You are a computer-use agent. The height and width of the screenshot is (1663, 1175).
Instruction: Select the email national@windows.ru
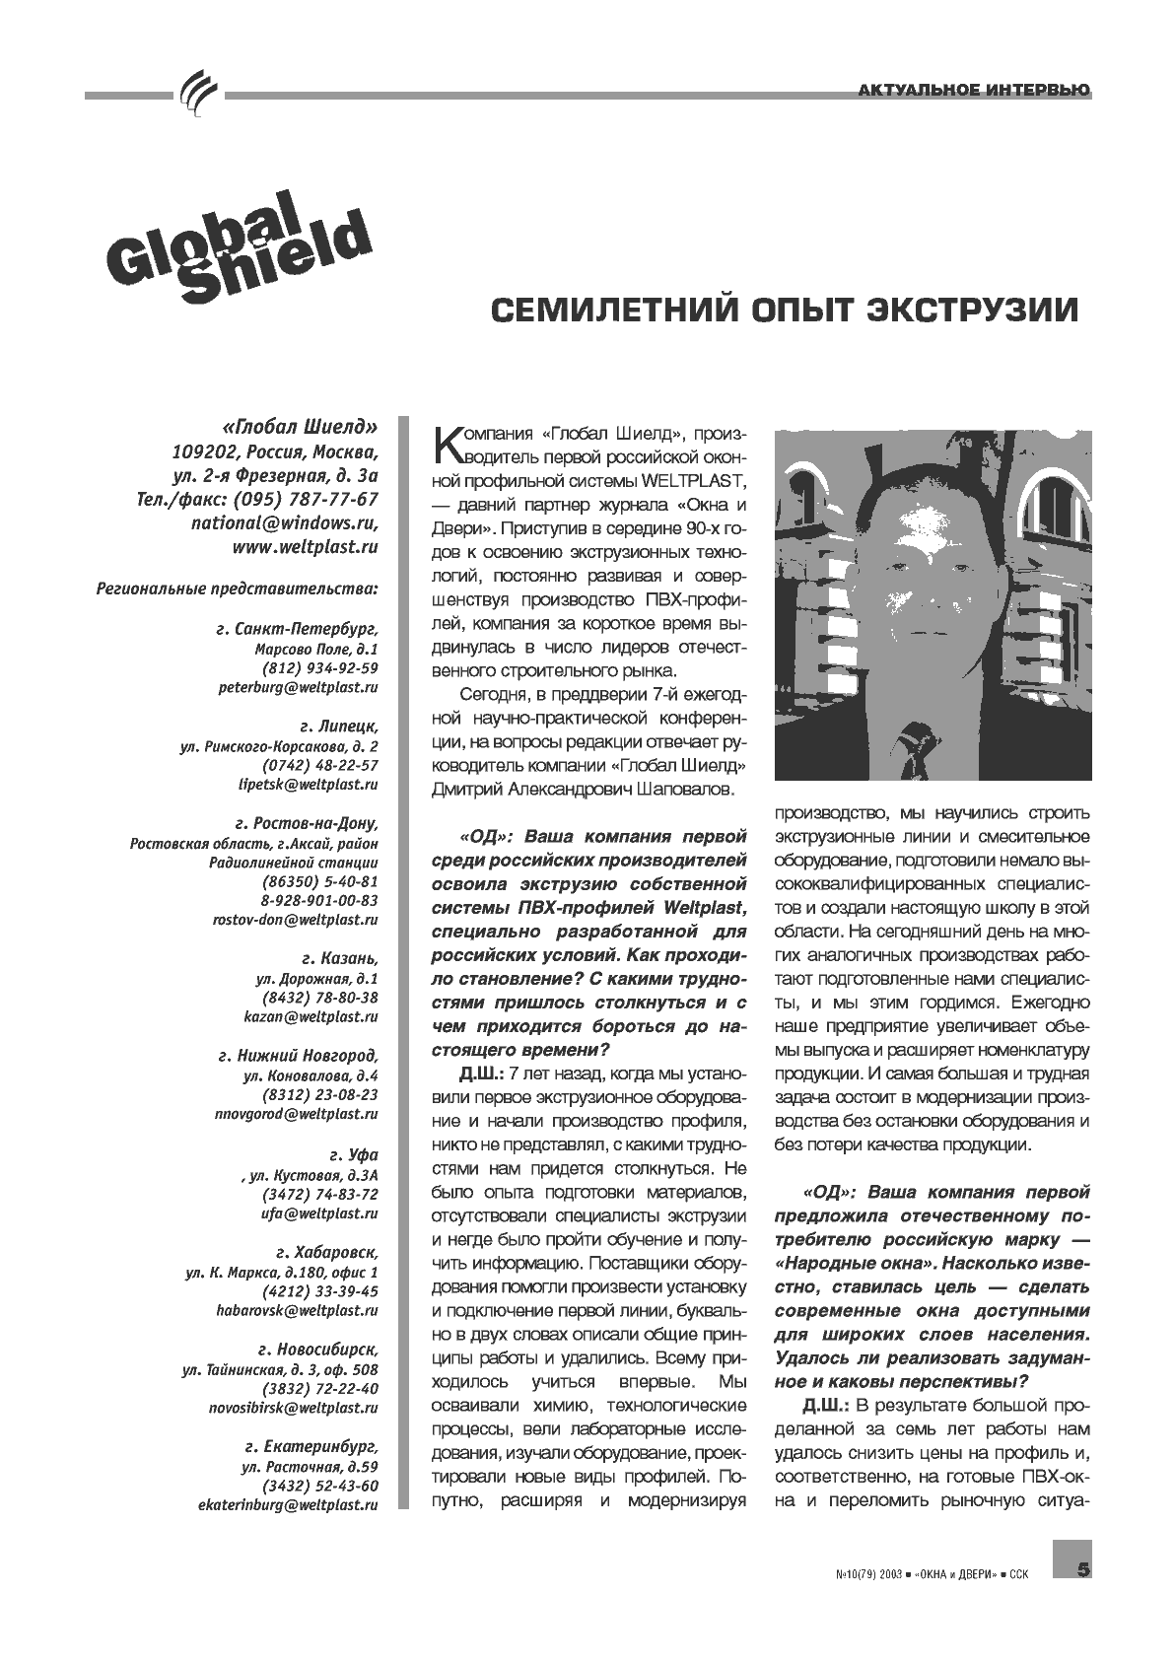coord(284,522)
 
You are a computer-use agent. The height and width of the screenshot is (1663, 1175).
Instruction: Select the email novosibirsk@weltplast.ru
coord(294,1408)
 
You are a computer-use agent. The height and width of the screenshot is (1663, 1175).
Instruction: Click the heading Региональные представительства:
coord(237,589)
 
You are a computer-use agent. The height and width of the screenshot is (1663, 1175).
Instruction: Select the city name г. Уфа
coord(353,1154)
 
